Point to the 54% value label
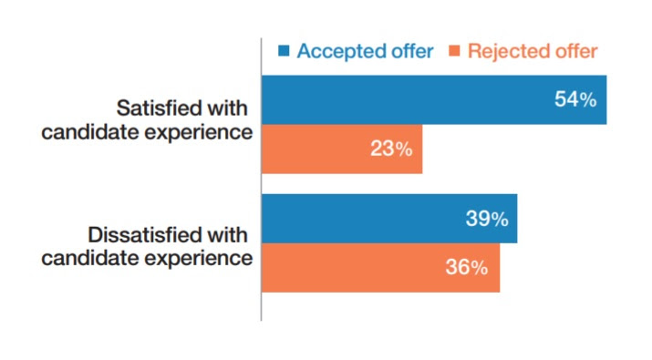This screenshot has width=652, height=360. (575, 99)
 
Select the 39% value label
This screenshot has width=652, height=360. (486, 220)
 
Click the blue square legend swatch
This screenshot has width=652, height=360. (284, 51)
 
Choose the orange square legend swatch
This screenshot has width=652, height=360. (454, 51)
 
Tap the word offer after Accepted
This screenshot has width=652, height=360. (410, 51)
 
